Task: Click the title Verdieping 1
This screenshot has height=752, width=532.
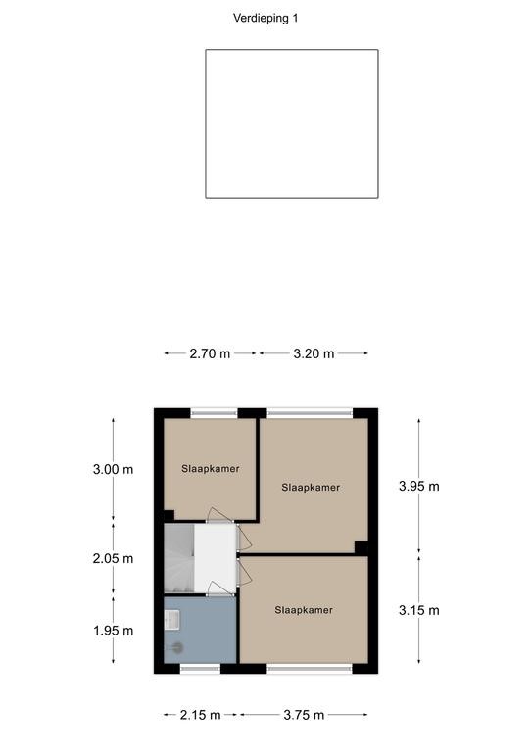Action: click(x=266, y=19)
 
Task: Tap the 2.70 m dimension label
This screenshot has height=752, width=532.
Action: click(x=210, y=353)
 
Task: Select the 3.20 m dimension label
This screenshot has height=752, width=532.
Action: click(x=314, y=353)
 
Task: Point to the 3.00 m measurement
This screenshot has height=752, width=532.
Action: click(x=113, y=470)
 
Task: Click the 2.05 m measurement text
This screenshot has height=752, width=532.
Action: click(x=113, y=559)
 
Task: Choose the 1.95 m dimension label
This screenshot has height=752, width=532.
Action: click(x=113, y=631)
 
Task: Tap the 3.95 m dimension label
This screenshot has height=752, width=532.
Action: click(x=418, y=487)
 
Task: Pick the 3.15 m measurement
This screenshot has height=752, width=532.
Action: click(x=418, y=611)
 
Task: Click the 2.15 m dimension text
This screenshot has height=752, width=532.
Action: click(x=200, y=715)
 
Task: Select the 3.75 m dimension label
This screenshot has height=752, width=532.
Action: click(x=304, y=715)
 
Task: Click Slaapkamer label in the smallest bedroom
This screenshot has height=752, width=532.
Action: click(x=210, y=469)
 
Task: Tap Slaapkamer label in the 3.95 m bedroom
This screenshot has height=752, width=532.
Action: click(x=311, y=488)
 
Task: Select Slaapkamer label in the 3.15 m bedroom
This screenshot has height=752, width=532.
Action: click(x=304, y=610)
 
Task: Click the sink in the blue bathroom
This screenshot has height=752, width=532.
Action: click(x=171, y=620)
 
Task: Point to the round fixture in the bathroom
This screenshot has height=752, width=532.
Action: click(x=178, y=648)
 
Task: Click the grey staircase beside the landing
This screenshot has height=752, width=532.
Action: click(x=179, y=559)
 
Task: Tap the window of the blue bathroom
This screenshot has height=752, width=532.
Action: click(x=200, y=669)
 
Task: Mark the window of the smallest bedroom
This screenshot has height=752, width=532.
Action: click(x=214, y=413)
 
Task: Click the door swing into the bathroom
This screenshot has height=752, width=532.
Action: click(x=218, y=588)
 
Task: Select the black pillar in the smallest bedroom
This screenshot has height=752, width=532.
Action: click(x=169, y=516)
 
